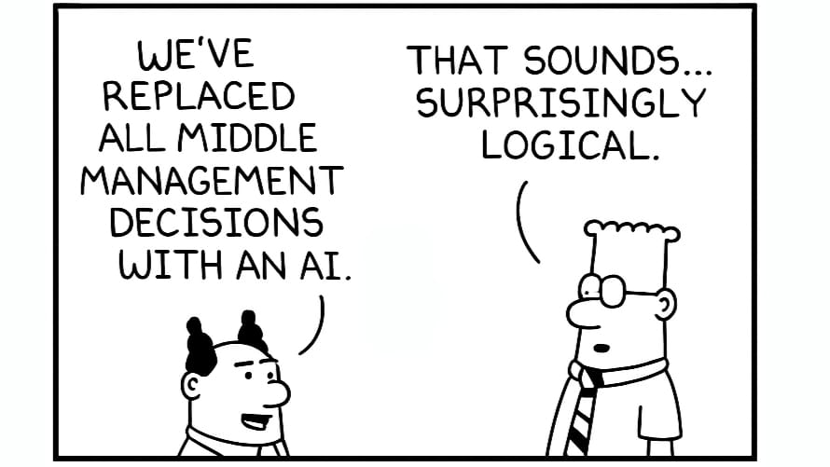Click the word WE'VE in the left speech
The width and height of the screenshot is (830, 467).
(196, 54)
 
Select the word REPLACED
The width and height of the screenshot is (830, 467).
(199, 96)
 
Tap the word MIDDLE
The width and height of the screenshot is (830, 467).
(246, 138)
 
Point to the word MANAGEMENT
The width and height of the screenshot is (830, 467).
(212, 180)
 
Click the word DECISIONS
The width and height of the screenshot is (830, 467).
(216, 222)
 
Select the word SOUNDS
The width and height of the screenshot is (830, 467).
(602, 60)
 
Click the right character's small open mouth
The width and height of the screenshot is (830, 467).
(601, 349)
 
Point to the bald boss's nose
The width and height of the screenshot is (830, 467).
(279, 391)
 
